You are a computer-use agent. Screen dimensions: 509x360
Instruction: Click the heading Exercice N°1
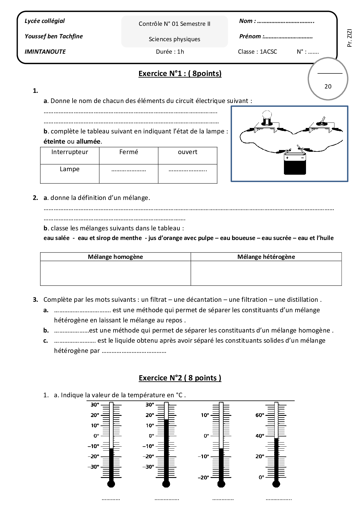(180, 74)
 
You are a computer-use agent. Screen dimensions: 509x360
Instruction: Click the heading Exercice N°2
(180, 378)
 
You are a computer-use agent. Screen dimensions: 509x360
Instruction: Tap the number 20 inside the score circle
(328, 86)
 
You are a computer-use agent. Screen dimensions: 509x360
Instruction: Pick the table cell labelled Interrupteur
(70, 152)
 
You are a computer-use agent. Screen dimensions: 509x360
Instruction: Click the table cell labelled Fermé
(129, 152)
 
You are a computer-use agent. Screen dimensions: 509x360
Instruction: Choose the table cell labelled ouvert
(188, 152)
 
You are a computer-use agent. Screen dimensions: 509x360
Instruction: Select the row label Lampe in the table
(70, 169)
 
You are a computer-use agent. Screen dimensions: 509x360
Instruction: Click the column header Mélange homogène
(115, 257)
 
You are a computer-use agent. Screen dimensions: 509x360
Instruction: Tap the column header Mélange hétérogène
(266, 257)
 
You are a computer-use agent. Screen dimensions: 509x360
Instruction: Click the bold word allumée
(89, 142)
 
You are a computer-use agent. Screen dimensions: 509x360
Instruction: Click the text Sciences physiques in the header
(174, 39)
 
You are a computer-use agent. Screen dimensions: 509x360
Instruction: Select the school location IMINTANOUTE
(45, 52)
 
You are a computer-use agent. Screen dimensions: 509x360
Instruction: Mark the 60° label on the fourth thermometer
(260, 415)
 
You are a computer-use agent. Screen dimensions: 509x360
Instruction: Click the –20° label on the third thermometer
(203, 478)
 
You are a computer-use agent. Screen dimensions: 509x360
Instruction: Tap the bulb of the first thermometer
(111, 484)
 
